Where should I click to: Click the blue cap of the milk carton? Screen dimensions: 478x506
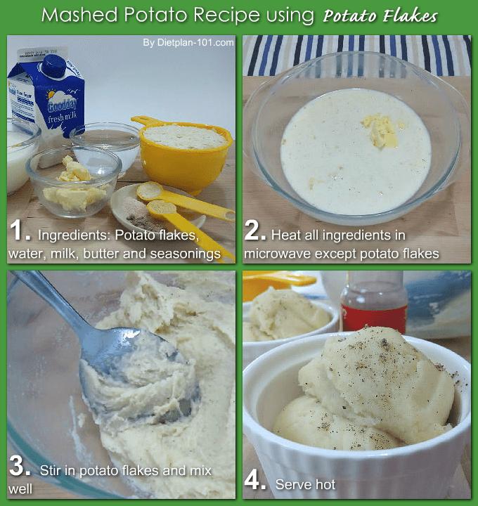54,67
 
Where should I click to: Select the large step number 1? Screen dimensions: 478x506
20,231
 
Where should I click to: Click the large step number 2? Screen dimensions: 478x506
255,231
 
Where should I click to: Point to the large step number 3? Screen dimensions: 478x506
20,466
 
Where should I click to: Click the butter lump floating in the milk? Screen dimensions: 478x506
380,131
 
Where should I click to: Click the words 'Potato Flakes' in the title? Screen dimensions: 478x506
380,16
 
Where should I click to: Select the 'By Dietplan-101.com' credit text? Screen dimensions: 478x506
188,43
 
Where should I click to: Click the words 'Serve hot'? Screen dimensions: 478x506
305,484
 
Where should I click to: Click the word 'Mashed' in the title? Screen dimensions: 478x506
79,15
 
